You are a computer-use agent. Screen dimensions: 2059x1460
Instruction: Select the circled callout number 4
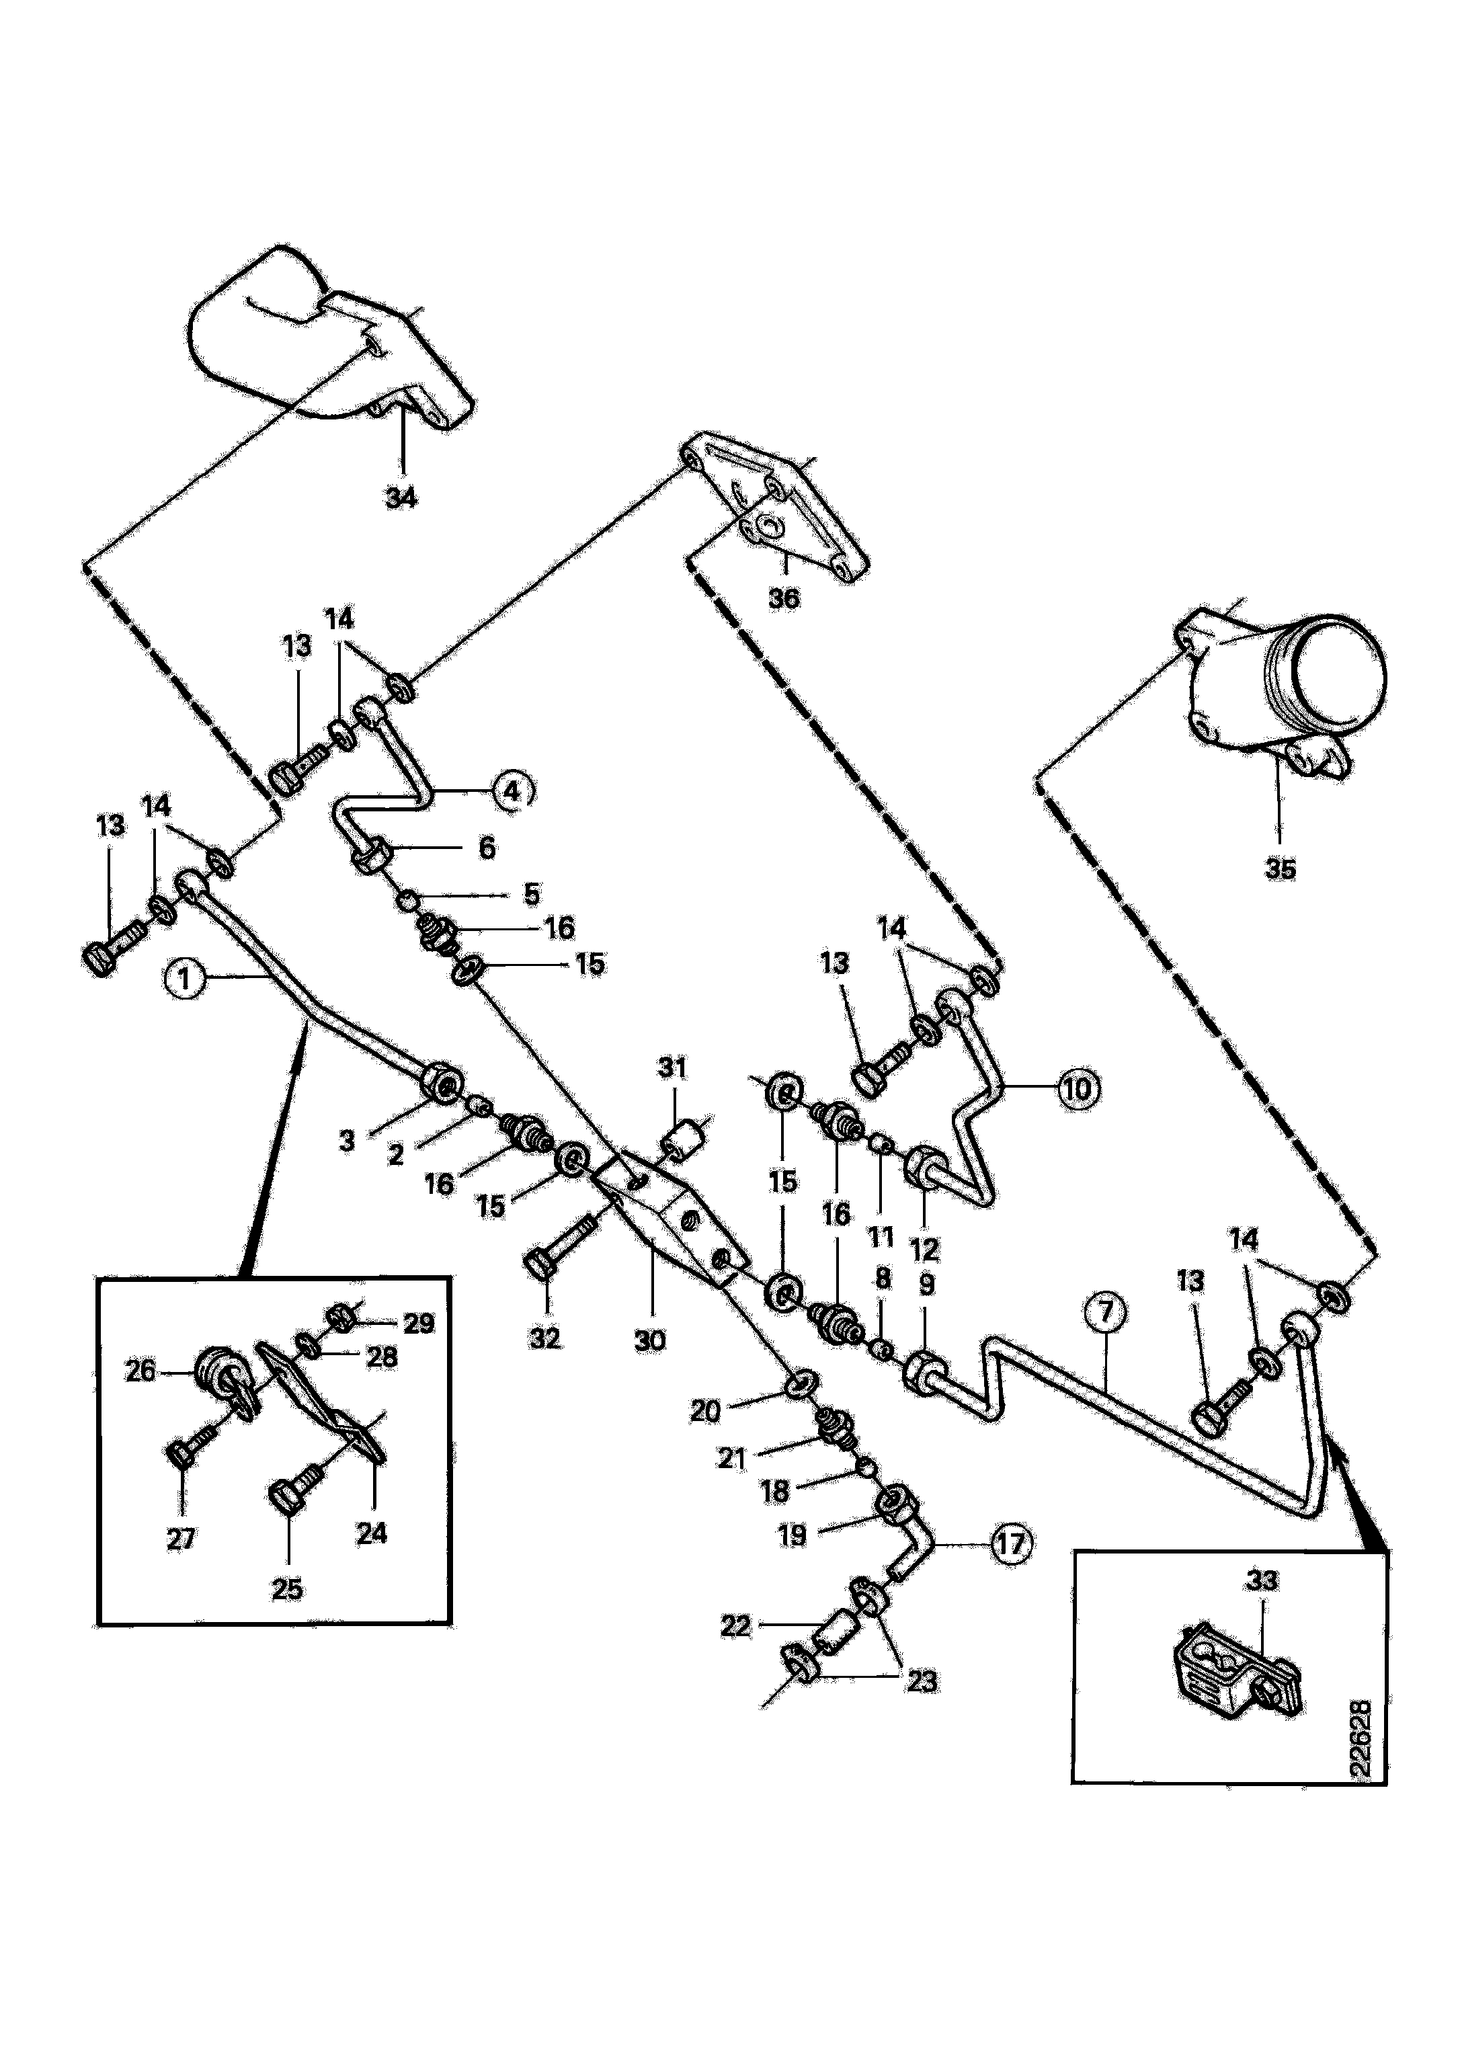click(x=511, y=791)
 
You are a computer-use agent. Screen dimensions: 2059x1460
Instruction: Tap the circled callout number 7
click(x=1106, y=1313)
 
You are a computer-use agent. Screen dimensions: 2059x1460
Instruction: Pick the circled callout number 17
click(x=1010, y=1545)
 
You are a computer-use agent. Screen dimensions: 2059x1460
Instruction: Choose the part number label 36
click(x=784, y=598)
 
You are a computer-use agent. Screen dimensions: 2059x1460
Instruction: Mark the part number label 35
click(x=1281, y=869)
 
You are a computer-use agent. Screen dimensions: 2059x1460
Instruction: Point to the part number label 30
click(x=649, y=1340)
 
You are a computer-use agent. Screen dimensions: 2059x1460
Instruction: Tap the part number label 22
click(x=735, y=1625)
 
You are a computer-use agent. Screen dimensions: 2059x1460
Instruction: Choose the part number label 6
click(x=487, y=847)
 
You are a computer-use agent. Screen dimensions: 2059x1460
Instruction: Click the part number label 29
click(x=418, y=1324)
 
